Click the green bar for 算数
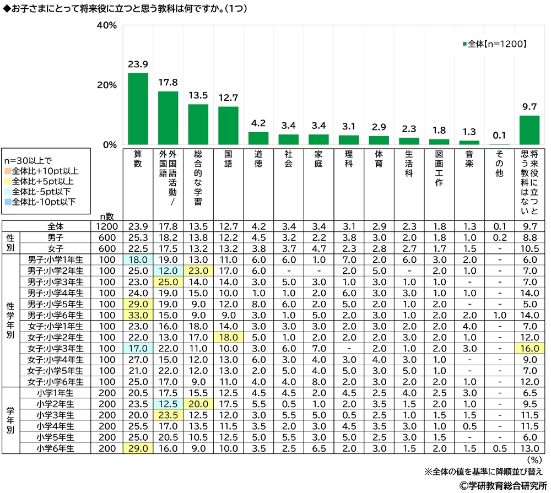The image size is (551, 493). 138,109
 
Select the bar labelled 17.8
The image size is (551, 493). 168,118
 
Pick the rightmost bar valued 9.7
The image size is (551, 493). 530,131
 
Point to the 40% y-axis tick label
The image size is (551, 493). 106,25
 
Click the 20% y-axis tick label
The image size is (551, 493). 106,85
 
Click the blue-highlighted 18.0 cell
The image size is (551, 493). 138,259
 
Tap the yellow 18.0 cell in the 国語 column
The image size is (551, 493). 228,338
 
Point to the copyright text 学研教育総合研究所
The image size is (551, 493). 498,485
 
